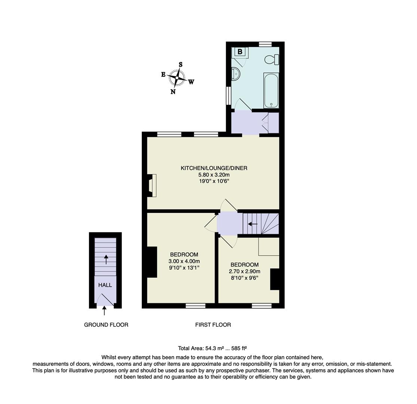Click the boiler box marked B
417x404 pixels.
[x=240, y=52]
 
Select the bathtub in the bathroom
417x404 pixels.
[x=271, y=91]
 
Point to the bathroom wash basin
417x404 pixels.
[x=236, y=74]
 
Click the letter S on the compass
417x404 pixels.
[x=181, y=64]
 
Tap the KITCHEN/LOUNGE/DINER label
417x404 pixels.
[x=214, y=168]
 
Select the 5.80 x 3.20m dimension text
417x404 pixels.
[x=214, y=175]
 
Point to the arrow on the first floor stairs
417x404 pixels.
[x=252, y=224]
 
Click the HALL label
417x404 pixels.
[x=105, y=285]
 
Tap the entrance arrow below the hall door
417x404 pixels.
[x=104, y=310]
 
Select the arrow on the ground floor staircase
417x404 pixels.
[x=106, y=259]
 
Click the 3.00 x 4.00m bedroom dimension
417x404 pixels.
[x=184, y=261]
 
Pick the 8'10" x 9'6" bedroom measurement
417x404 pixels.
[x=244, y=278]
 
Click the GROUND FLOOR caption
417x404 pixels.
[x=106, y=325]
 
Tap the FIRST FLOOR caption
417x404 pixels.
[x=213, y=325]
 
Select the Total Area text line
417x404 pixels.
[x=212, y=348]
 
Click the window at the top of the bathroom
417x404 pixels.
[x=265, y=44]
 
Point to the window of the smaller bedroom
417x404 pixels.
[x=261, y=306]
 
